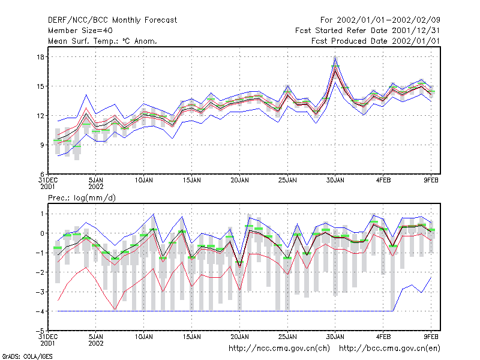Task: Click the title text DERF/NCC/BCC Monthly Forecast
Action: pyautogui.click(x=112, y=20)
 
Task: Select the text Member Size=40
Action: pyautogui.click(x=80, y=31)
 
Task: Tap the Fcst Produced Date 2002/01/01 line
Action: pyautogui.click(x=376, y=41)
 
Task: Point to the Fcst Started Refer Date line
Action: pyautogui.click(x=367, y=31)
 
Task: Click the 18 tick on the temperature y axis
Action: pyautogui.click(x=40, y=57)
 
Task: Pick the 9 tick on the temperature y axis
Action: pyautogui.click(x=42, y=145)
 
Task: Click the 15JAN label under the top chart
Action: pyautogui.click(x=192, y=181)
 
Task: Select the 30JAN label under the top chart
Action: pyautogui.click(x=335, y=181)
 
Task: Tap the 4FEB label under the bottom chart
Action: pyautogui.click(x=383, y=337)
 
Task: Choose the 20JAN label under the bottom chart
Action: pyautogui.click(x=239, y=337)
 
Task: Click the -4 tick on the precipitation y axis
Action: pyautogui.click(x=40, y=311)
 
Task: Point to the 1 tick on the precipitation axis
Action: pyautogui.click(x=42, y=214)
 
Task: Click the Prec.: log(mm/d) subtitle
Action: pyautogui.click(x=82, y=198)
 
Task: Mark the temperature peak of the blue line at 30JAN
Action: pyautogui.click(x=335, y=57)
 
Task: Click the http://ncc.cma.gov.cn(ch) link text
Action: pyautogui.click(x=279, y=349)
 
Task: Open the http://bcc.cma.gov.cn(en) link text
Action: pyautogui.click(x=389, y=349)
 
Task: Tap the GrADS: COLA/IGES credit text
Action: pyautogui.click(x=27, y=356)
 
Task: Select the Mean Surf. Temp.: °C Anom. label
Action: pyautogui.click(x=103, y=41)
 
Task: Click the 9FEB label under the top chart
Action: pyautogui.click(x=431, y=181)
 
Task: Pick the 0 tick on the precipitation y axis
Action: pyautogui.click(x=42, y=233)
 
